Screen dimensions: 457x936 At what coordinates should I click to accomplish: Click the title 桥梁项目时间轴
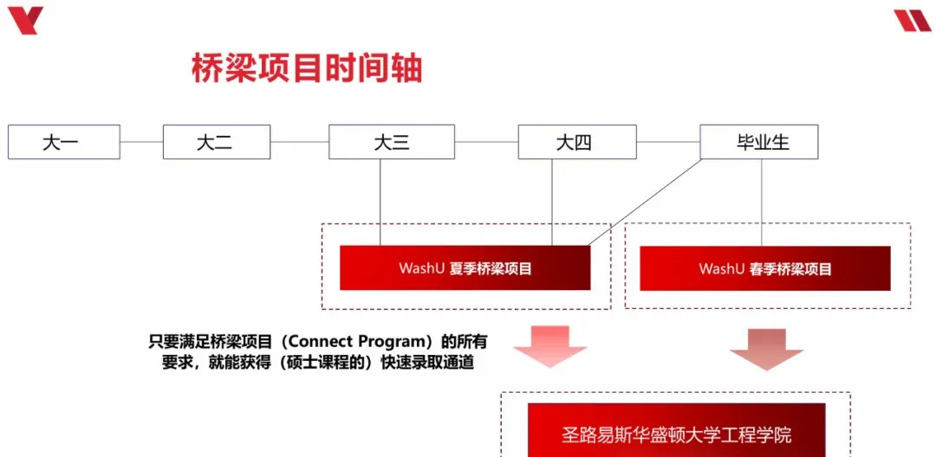click(306, 68)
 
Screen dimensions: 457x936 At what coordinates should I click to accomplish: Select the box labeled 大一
click(63, 142)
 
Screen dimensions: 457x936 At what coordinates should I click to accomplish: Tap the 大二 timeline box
click(216, 142)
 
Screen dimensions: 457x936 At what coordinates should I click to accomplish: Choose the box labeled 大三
click(391, 142)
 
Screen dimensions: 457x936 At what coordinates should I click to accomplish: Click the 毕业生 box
click(758, 142)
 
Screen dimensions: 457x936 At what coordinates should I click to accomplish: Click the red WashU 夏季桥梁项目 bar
click(465, 268)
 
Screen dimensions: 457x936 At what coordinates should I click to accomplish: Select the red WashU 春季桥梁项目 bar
click(764, 268)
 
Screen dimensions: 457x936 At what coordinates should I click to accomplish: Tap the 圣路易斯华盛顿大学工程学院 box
click(676, 433)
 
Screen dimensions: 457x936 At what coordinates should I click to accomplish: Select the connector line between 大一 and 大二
click(141, 142)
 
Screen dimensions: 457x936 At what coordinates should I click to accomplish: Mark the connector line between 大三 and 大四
click(486, 142)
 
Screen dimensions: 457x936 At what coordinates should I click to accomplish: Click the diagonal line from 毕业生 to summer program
click(646, 203)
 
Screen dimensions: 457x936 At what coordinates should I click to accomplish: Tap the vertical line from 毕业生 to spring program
click(762, 203)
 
